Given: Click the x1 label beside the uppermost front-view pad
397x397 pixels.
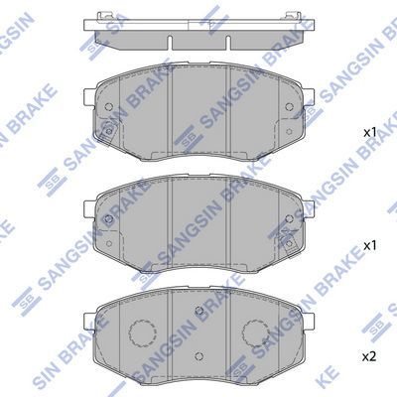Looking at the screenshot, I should (x=368, y=132).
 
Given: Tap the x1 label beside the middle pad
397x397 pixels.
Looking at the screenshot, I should (x=368, y=243).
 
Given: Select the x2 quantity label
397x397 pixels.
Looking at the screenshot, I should (x=368, y=355).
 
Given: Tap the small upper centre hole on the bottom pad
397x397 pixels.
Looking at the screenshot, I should (x=198, y=314).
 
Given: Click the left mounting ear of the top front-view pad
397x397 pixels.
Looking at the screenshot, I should (x=88, y=99).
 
